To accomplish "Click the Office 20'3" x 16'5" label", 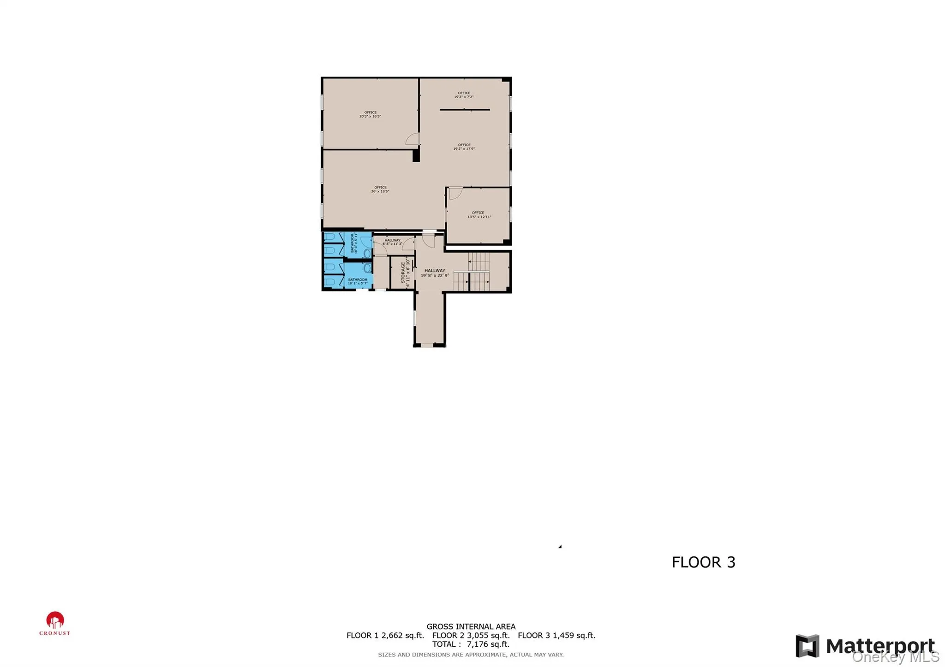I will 370,114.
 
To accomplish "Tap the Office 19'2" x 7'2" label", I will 464,95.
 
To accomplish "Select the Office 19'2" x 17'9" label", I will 464,147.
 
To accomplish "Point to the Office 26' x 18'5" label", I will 380,189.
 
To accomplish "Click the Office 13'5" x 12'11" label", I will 478,215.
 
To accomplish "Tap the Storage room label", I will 405,273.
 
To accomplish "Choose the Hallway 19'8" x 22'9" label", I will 435,273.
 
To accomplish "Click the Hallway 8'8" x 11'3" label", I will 392,242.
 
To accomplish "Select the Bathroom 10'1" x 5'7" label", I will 358,281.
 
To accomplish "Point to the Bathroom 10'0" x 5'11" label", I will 354,243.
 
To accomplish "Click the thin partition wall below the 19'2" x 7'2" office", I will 465,110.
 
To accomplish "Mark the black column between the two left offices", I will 416,155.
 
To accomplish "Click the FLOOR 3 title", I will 703,562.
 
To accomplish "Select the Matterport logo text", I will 879,646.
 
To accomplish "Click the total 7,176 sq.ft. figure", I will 488,644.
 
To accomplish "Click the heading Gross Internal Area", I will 471,626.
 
